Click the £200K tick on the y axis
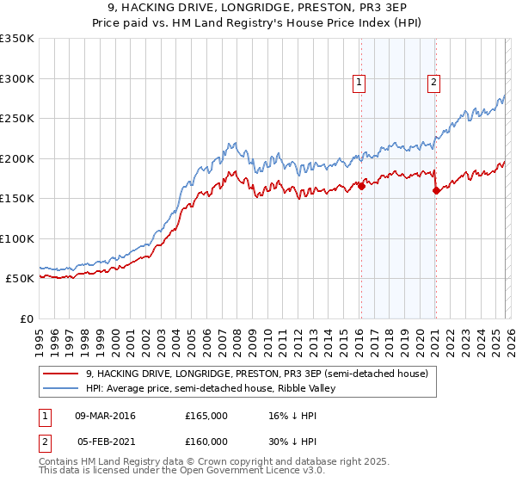point(17,158)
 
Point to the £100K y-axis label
point(17,238)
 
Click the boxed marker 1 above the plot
point(359,83)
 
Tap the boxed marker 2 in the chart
point(433,83)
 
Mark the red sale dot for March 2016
point(361,186)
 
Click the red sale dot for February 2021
point(435,190)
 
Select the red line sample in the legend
point(62,374)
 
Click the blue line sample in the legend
point(62,388)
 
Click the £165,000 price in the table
point(206,416)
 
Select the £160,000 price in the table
point(206,441)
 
